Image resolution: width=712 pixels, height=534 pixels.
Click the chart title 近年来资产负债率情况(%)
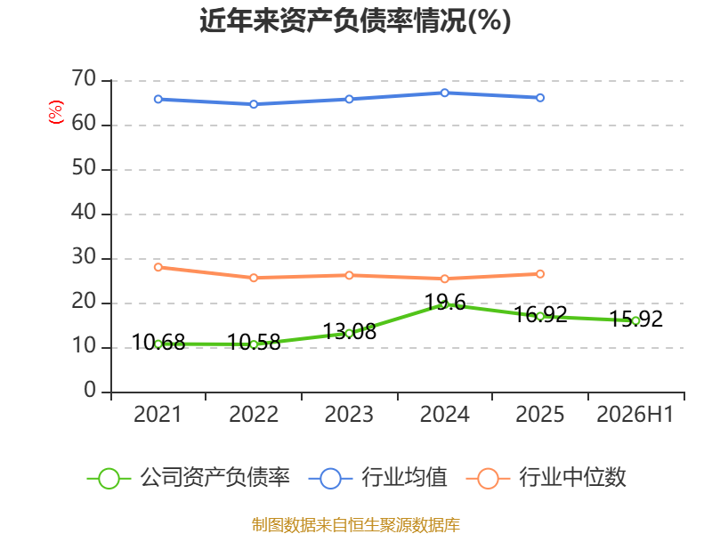(355, 20)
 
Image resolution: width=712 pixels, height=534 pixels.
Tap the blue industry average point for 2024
(444, 93)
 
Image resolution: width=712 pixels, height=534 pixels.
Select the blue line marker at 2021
(158, 99)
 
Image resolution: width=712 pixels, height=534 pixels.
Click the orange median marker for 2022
(254, 278)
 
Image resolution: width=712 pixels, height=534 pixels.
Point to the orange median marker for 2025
(540, 274)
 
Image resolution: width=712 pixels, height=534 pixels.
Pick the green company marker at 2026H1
(635, 320)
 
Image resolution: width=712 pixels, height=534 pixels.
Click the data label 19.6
(445, 302)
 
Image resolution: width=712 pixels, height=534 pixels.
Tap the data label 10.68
(158, 342)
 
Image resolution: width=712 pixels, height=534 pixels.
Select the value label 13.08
(349, 331)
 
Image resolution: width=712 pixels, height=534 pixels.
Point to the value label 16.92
(540, 314)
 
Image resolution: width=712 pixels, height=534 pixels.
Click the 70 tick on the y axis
(84, 79)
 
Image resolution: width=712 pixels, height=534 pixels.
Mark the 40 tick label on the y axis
(84, 213)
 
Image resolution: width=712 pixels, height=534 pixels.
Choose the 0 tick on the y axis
(90, 391)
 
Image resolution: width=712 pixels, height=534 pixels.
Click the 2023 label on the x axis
(349, 414)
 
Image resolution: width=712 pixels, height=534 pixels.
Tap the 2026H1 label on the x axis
(635, 414)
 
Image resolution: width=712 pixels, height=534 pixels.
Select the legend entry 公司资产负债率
(189, 478)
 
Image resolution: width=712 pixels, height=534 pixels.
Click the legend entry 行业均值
(377, 478)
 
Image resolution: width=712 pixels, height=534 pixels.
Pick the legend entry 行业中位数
(546, 478)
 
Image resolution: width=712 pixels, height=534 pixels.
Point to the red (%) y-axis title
(56, 112)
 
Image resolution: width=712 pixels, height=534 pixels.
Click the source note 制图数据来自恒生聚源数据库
(355, 525)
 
